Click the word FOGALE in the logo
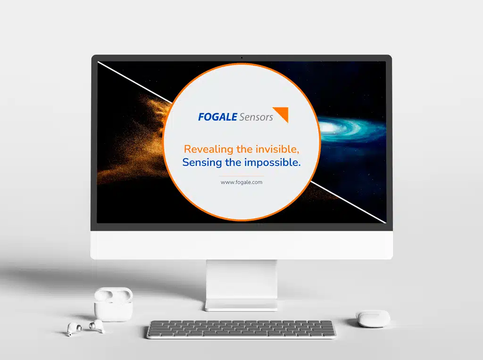coord(217,117)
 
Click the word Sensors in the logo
coord(256,117)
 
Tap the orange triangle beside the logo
coord(281,114)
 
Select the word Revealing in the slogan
coord(208,149)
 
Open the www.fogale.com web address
coord(241,182)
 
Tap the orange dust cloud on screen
coord(135,139)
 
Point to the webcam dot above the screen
coord(242,57)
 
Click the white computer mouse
coord(373,319)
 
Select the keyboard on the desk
coord(241,329)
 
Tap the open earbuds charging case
coord(113,304)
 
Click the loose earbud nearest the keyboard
coord(97,326)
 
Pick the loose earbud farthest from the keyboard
coord(74,328)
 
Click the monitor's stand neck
coord(241,283)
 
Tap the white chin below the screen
coord(241,245)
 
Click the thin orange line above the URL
coord(241,176)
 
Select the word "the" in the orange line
coord(245,149)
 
